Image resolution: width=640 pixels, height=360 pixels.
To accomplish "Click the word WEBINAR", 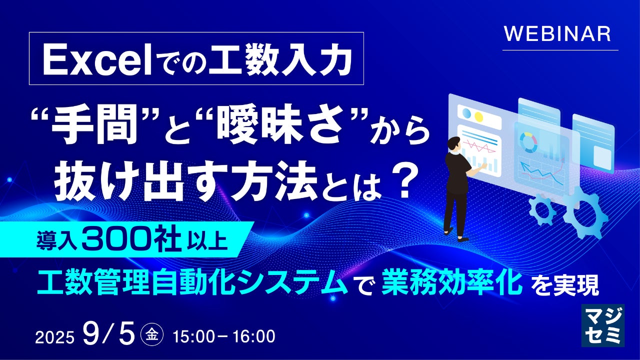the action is click(x=557, y=34).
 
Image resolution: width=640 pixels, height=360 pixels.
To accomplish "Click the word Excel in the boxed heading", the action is click(x=97, y=61).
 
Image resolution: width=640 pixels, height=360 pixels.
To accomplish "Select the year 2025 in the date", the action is click(x=54, y=337).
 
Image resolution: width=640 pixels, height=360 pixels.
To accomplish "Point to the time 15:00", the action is click(x=193, y=336).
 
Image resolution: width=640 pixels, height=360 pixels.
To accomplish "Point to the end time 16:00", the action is click(x=254, y=336).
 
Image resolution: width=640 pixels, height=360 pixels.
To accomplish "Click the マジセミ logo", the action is click(x=603, y=325).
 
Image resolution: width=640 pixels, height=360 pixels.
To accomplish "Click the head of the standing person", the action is click(x=454, y=144).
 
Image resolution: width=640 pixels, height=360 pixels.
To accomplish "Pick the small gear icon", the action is click(x=541, y=209).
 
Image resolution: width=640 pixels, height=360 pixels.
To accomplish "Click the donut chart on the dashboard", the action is click(x=528, y=142).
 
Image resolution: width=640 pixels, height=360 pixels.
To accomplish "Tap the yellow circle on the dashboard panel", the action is click(x=478, y=116).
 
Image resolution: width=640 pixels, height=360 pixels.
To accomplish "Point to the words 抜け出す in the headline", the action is click(x=134, y=181).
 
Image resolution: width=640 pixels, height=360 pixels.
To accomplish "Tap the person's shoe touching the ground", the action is click(x=463, y=239).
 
